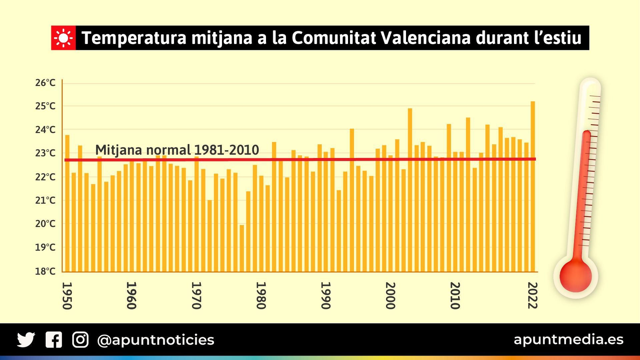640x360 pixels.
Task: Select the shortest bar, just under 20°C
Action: pos(242,248)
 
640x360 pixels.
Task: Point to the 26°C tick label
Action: pos(45,83)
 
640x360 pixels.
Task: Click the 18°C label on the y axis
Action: pos(45,271)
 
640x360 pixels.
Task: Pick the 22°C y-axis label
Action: pos(45,177)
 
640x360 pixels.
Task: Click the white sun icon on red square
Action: pos(63,38)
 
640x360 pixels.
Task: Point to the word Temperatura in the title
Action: pos(134,38)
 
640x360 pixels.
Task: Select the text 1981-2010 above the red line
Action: pos(226,150)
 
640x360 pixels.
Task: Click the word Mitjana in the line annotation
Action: pos(118,150)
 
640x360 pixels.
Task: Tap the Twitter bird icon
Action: pos(26,340)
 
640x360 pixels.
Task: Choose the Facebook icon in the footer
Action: pos(54,340)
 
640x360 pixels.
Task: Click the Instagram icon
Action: pos(80,340)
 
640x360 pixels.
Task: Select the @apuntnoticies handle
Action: pos(156,340)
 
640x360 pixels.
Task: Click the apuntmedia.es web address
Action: pos(568,339)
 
